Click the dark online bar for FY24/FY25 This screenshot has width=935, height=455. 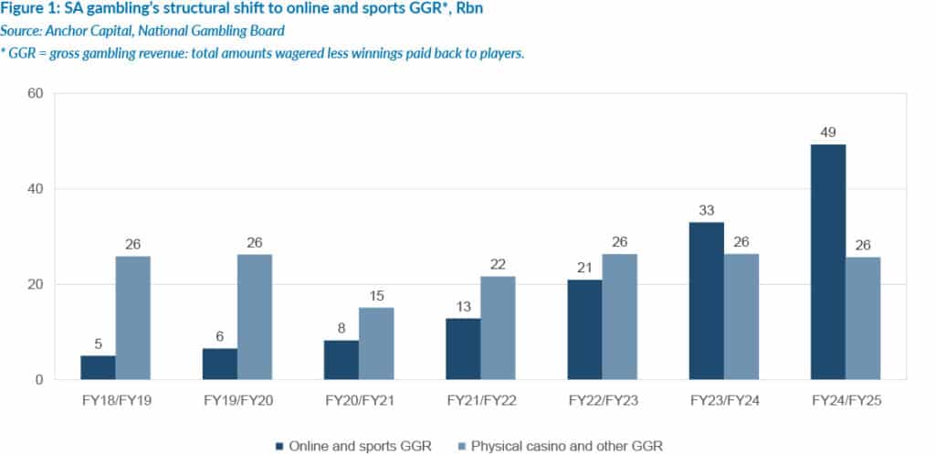click(828, 261)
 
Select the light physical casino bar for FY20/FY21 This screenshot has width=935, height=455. click(376, 344)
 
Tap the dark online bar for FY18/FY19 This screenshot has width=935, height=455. click(98, 367)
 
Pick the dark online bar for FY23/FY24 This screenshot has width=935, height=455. click(706, 301)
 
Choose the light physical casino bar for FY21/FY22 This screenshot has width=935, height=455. click(498, 327)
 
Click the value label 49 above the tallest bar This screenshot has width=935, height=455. click(828, 131)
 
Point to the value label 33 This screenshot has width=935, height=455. click(706, 209)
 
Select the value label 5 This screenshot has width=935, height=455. click(98, 343)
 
